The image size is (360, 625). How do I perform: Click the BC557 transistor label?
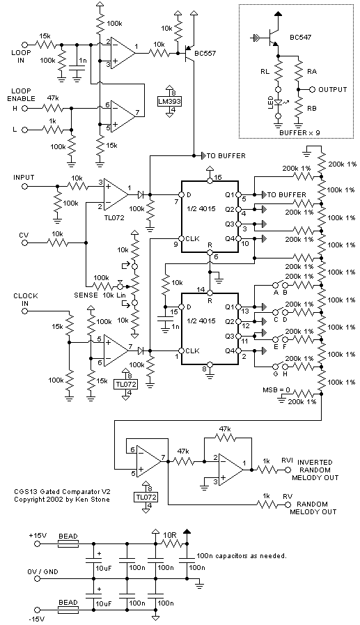[206, 54]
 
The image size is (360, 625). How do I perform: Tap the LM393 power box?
[169, 101]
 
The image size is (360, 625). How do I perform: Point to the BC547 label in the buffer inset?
[301, 38]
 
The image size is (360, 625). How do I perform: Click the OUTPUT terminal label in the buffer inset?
[333, 90]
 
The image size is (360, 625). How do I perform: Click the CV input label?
[24, 236]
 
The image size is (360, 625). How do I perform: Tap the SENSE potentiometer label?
[86, 295]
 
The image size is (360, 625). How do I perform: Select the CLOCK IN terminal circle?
[24, 311]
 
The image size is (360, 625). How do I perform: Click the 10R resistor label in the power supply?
[169, 534]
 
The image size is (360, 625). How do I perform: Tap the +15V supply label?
[38, 535]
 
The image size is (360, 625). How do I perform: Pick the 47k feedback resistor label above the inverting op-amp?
[225, 429]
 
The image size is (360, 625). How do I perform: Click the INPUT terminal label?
[24, 177]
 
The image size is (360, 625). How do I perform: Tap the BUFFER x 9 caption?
[299, 132]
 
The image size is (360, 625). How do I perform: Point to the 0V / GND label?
[42, 571]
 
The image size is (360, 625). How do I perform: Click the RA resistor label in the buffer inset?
[312, 71]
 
